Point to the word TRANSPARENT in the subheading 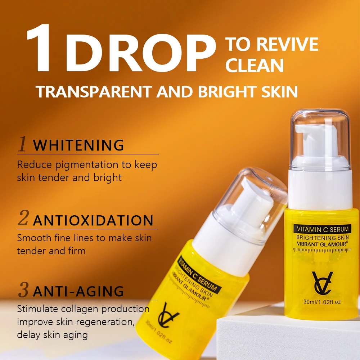point(95,92)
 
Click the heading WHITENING point(78,145)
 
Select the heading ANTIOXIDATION point(93,220)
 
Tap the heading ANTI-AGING point(78,291)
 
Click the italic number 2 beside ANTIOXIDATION point(23,219)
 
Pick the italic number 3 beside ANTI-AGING point(23,290)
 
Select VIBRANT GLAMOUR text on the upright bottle point(321,244)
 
